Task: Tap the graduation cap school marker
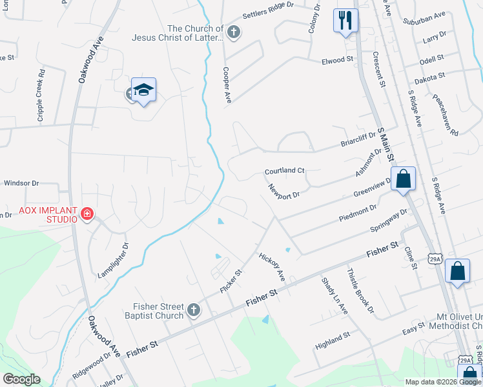(x=143, y=91)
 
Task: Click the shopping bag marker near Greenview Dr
(x=403, y=179)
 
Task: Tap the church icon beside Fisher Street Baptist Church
(x=192, y=311)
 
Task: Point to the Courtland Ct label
(x=284, y=172)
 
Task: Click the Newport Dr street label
(x=285, y=192)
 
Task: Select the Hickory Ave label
(x=272, y=267)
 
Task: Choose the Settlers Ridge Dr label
(x=268, y=14)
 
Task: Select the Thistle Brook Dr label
(x=361, y=290)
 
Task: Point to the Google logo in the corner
(x=21, y=379)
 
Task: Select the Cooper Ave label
(x=227, y=84)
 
